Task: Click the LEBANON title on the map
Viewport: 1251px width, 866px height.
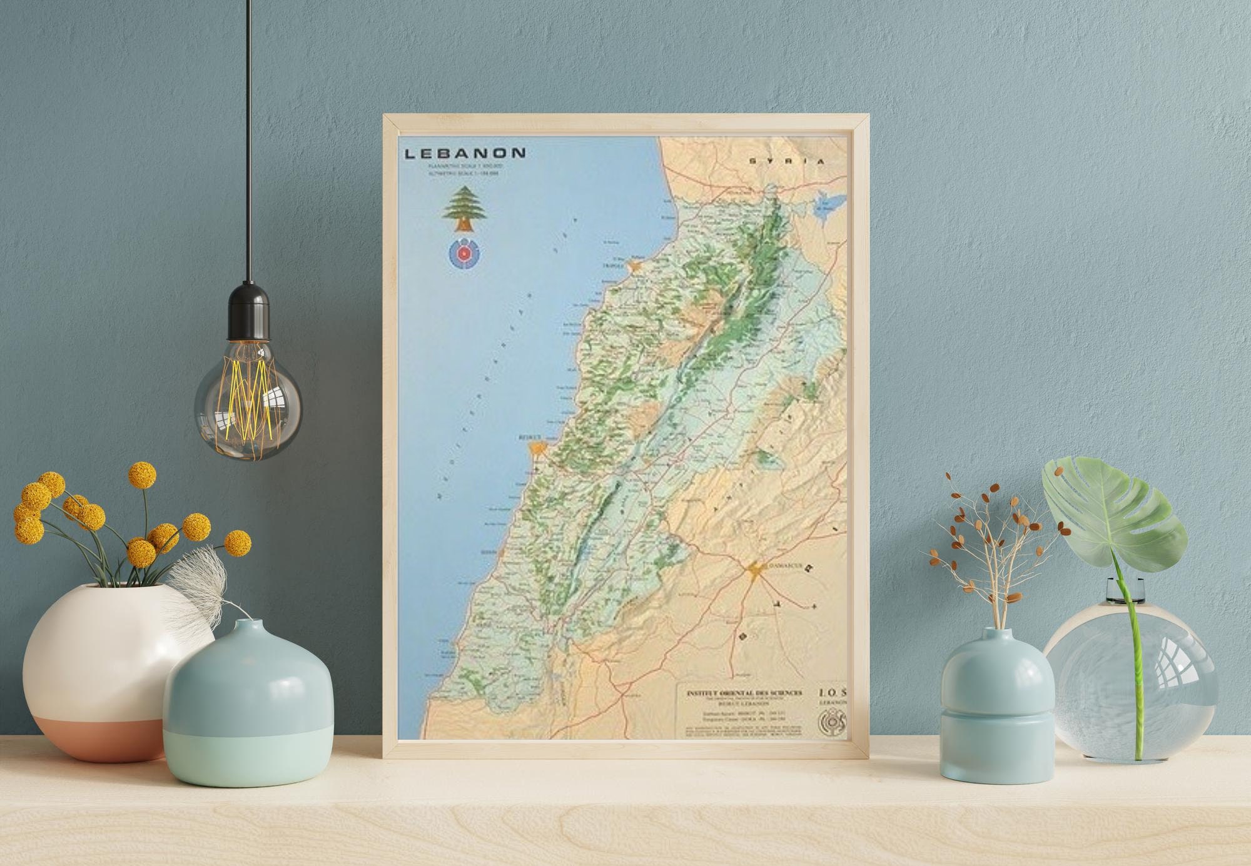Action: (465, 153)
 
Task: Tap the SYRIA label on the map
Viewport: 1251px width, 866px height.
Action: (787, 161)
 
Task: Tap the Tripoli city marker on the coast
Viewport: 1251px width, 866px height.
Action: (636, 266)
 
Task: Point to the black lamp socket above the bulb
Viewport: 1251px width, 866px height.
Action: (248, 306)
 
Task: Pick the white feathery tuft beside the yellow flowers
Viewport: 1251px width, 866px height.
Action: (194, 575)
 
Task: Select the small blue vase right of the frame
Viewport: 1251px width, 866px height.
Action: (996, 707)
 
